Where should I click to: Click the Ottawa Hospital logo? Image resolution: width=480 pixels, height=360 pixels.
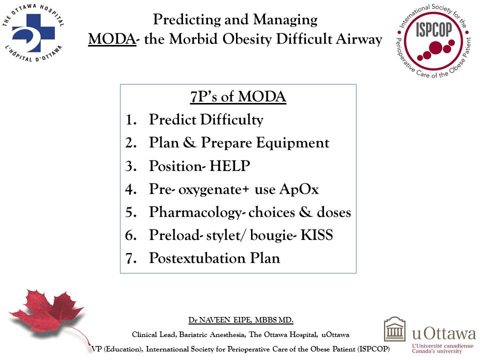tap(33, 33)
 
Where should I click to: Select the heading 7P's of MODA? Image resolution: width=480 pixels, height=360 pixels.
tap(238, 96)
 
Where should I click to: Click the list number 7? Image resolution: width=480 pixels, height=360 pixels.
tap(130, 259)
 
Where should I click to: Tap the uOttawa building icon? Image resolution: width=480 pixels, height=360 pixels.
tap(394, 329)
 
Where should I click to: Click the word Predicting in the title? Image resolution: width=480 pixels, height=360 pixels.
tap(186, 20)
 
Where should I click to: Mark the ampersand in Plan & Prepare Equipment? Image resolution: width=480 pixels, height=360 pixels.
tap(188, 143)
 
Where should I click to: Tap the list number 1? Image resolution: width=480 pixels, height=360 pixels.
tap(130, 120)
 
